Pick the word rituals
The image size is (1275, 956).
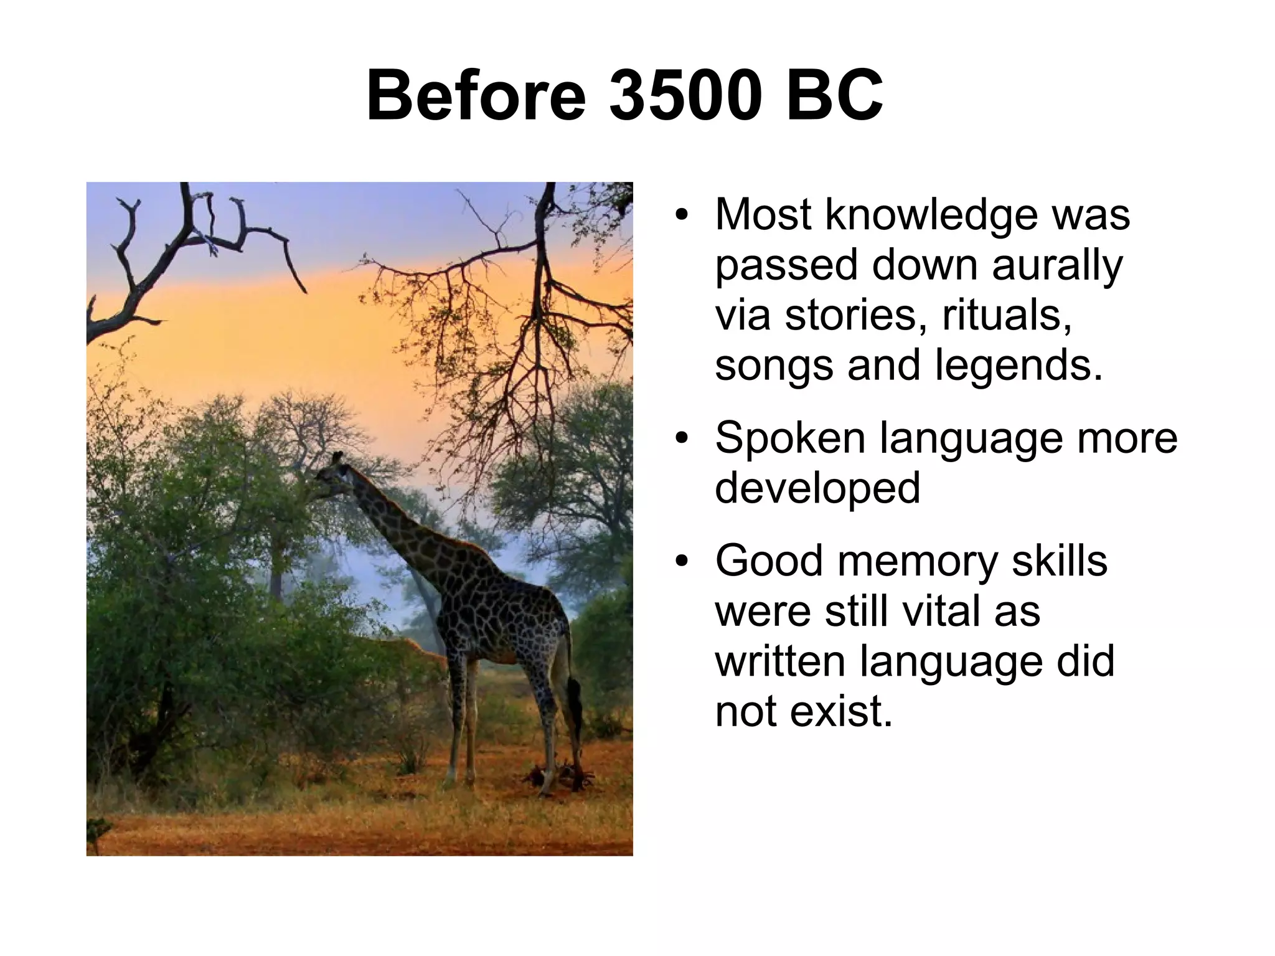[x=1006, y=315]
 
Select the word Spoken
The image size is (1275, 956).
[x=790, y=438]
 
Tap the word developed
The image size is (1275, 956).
[x=817, y=488]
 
